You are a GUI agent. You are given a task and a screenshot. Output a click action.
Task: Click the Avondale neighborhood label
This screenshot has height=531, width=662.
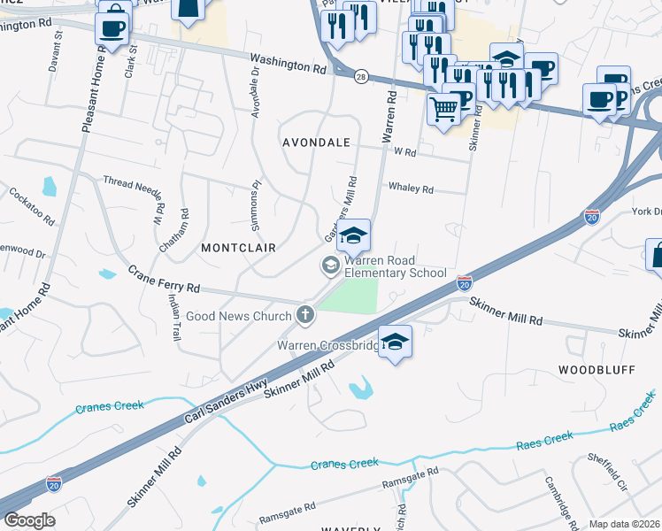[x=316, y=142]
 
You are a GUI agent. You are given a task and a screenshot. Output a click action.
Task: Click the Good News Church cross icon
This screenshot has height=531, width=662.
[x=305, y=314]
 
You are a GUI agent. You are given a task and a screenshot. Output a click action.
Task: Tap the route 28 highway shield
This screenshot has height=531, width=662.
[x=361, y=77]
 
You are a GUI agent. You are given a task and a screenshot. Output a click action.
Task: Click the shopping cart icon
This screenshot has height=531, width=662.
[x=444, y=110]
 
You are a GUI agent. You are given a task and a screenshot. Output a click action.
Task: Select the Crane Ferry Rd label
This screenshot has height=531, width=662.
[x=164, y=281]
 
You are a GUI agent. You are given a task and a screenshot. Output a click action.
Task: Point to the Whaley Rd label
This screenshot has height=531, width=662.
[x=411, y=189]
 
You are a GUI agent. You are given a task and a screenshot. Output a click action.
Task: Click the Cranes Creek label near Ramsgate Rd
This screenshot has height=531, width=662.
[x=344, y=463]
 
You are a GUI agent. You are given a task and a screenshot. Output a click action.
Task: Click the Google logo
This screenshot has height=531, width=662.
[x=29, y=520]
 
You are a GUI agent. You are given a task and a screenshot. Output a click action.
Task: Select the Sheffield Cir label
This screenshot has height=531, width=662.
[x=608, y=473]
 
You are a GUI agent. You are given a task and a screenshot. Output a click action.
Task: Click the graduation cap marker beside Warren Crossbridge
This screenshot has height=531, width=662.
[x=396, y=342]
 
